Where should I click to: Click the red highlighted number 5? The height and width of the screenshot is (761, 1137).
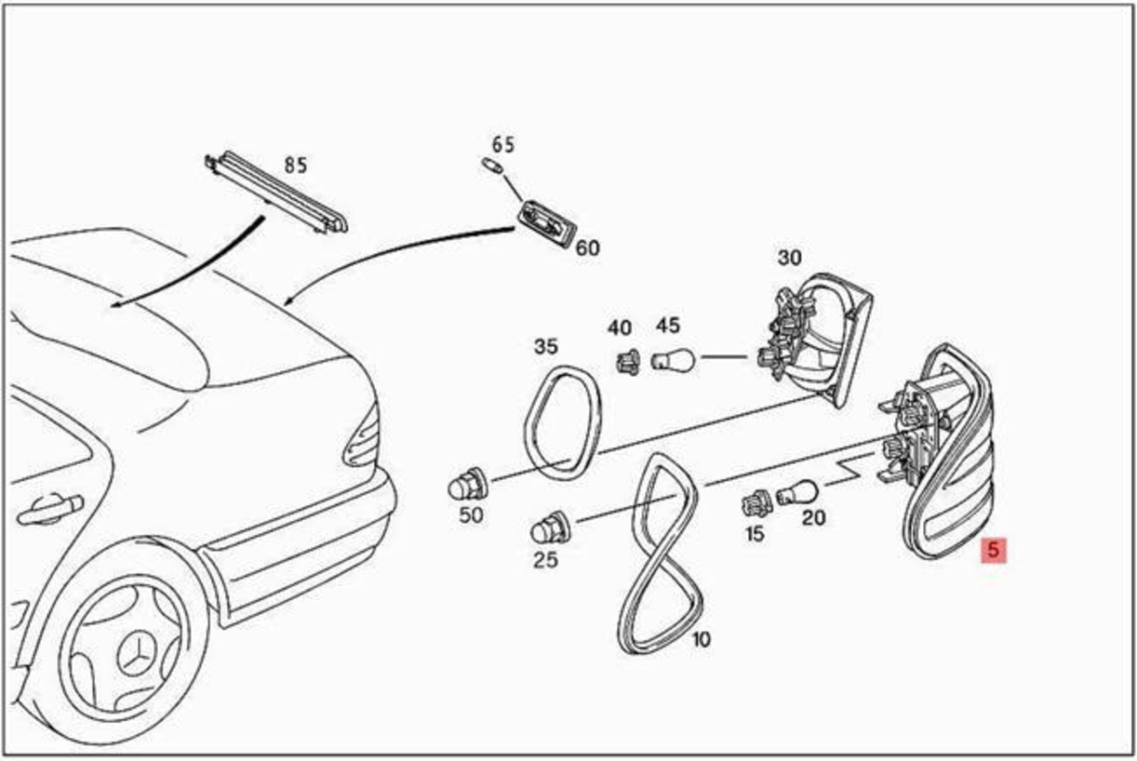pos(994,550)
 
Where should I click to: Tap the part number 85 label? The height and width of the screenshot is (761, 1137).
pos(296,165)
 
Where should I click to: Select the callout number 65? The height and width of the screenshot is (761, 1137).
pos(503,145)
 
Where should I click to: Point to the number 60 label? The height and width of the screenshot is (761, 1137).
pos(587,248)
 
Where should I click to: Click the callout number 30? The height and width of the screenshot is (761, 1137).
pos(789,258)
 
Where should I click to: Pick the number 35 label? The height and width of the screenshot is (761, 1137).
pos(545,347)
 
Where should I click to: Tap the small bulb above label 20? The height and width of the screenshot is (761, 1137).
pos(797,492)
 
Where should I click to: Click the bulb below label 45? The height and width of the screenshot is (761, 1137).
pos(673,360)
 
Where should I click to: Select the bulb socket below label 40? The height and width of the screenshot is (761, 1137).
pos(628,363)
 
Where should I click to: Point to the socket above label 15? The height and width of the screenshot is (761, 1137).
pos(756,503)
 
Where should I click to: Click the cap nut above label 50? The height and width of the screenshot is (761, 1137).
pos(467,486)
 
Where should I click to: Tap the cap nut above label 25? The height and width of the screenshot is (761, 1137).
pos(551,528)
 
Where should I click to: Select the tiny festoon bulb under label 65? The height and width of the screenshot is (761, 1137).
pos(492,165)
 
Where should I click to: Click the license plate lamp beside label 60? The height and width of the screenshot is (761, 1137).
pos(547,225)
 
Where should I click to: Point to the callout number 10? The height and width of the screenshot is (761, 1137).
pos(701,640)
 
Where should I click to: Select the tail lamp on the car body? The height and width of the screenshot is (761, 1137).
pos(361,437)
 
